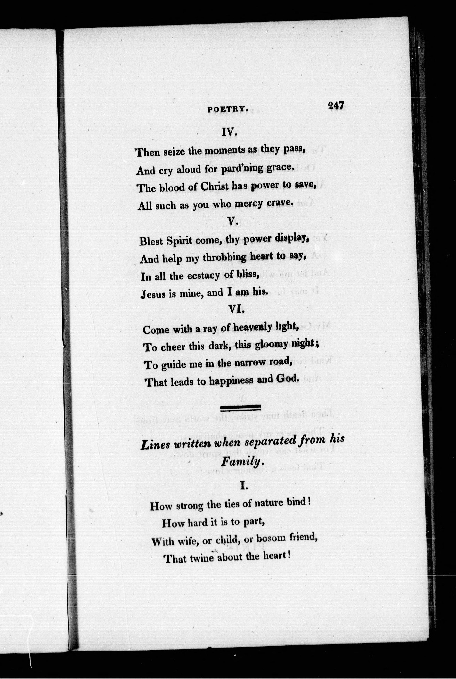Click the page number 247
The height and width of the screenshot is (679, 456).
(x=336, y=105)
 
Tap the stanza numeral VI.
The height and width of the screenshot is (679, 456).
(x=236, y=310)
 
